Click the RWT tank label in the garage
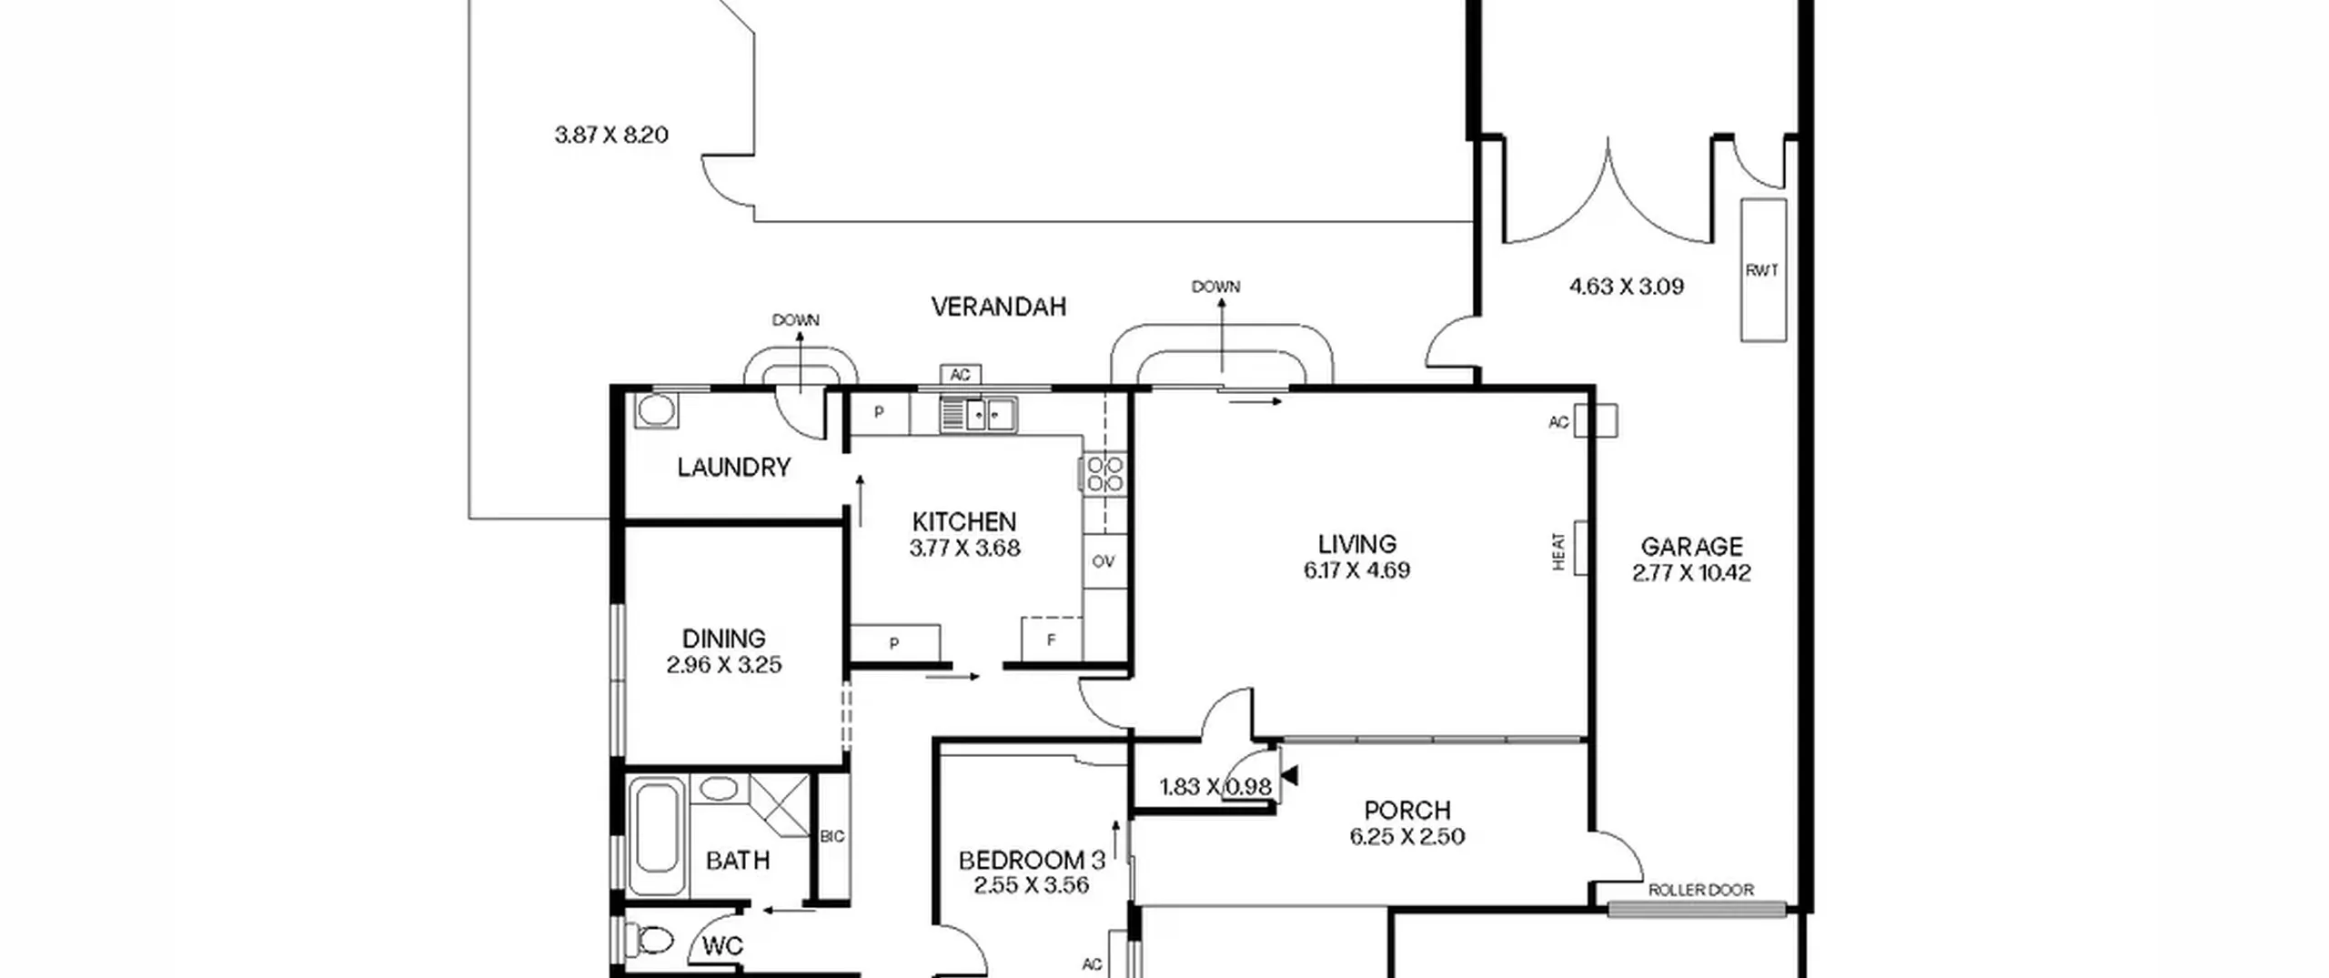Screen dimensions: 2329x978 coord(1762,270)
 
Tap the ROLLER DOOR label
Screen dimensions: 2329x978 coord(1700,890)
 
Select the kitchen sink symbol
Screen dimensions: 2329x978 coord(978,415)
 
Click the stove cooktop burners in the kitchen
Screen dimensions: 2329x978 coord(1105,474)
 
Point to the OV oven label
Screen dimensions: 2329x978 coord(1103,561)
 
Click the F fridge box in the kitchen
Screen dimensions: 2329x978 coord(1052,639)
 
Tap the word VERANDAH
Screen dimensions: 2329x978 coord(998,307)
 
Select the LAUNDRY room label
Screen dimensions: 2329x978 coord(734,468)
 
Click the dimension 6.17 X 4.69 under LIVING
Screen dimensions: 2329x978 coord(1356,570)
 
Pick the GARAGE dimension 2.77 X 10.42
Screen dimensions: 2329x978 coord(1691,573)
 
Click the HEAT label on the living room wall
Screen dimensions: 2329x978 coord(1558,551)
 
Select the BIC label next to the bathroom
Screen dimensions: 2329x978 coord(832,837)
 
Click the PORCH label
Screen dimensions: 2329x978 coord(1407,811)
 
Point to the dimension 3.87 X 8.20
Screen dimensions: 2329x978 coord(611,136)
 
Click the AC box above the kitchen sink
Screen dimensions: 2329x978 coord(960,375)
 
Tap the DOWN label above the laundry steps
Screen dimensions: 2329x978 coord(796,320)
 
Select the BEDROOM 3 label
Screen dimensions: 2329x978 coord(1033,860)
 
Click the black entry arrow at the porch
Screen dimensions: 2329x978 coord(1289,776)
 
